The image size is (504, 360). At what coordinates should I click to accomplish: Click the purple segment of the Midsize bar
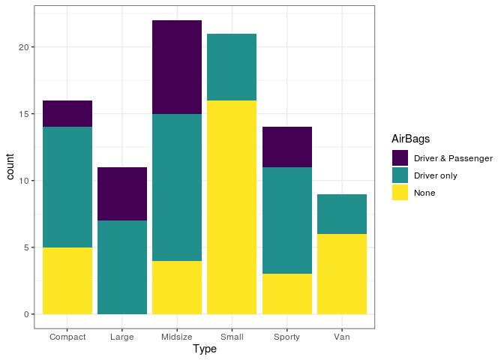[177, 67]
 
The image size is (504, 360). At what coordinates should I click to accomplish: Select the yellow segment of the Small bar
[232, 207]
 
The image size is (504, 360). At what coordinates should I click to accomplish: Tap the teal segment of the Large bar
[122, 267]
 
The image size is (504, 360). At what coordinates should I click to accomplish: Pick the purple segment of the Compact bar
[67, 114]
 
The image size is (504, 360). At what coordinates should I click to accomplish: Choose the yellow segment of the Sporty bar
[287, 294]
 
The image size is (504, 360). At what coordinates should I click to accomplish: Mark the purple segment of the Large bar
[122, 194]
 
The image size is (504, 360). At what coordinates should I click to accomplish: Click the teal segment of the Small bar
[232, 67]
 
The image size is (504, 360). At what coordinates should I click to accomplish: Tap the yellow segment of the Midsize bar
[177, 287]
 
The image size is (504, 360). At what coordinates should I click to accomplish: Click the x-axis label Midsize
[177, 337]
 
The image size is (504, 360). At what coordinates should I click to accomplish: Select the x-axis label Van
[342, 337]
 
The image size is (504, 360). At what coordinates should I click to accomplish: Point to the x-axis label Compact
[67, 337]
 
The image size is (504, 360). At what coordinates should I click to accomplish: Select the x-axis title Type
[205, 349]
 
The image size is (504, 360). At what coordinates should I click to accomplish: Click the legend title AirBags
[410, 139]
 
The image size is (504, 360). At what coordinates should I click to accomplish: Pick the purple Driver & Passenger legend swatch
[400, 157]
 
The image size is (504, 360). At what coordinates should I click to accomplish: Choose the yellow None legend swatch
[400, 193]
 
